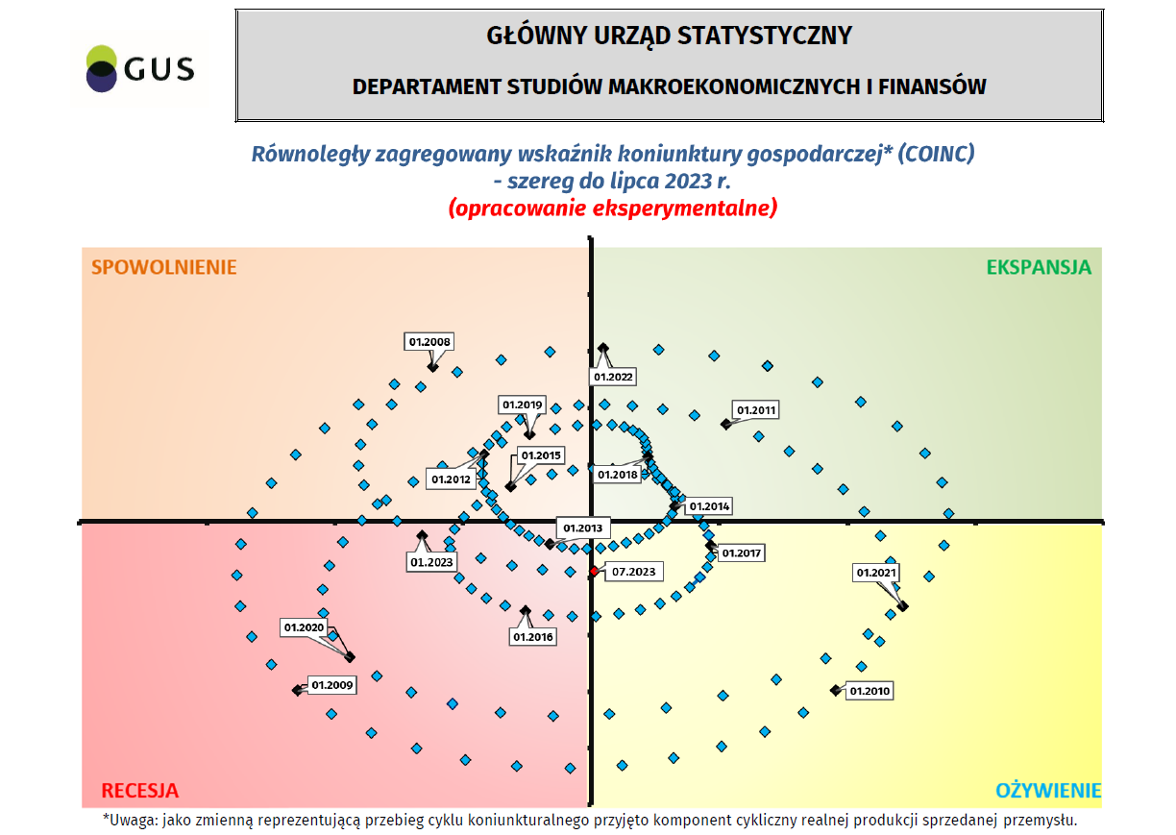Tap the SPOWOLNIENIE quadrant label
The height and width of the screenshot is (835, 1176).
tap(163, 267)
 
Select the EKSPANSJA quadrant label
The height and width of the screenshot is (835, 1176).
tap(1039, 267)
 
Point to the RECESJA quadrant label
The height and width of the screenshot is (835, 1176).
tap(140, 791)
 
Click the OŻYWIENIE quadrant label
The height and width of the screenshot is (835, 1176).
tap(1047, 791)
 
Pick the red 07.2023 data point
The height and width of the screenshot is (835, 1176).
tap(594, 572)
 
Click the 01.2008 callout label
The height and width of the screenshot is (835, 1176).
tap(429, 341)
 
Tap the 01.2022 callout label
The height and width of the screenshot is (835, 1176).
tap(614, 377)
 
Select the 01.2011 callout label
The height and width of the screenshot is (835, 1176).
tap(755, 410)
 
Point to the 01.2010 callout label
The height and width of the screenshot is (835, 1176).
tap(870, 691)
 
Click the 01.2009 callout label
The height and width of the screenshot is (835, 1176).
tap(332, 686)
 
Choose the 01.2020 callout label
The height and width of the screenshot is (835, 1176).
tap(305, 627)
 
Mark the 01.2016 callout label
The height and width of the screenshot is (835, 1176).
tap(533, 636)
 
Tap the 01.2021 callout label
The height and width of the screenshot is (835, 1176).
tap(876, 573)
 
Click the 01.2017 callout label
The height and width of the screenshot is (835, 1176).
tap(741, 553)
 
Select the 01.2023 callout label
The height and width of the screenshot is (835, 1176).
tap(433, 562)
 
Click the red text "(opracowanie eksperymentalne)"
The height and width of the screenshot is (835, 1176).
tap(612, 208)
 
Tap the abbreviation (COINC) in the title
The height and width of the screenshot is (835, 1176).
tap(936, 154)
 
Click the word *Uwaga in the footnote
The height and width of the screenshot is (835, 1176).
tap(130, 820)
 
